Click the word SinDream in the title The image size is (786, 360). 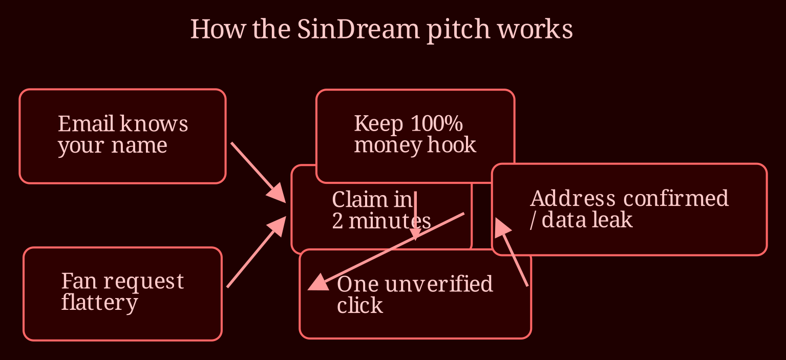pyautogui.click(x=358, y=29)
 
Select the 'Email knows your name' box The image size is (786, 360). pyautogui.click(x=122, y=136)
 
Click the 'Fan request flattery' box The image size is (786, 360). pyautogui.click(x=122, y=294)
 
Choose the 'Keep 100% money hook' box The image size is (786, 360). pyautogui.click(x=415, y=136)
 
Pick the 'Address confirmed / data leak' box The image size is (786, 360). pyautogui.click(x=629, y=209)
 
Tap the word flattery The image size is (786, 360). pyautogui.click(x=99, y=303)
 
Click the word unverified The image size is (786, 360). pyautogui.click(x=439, y=284)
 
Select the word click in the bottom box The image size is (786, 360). pyautogui.click(x=359, y=305)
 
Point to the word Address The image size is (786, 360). pyautogui.click(x=572, y=198)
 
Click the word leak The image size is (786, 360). pyautogui.click(x=611, y=220)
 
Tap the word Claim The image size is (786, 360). pyautogui.click(x=359, y=199)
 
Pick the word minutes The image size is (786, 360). pyautogui.click(x=390, y=221)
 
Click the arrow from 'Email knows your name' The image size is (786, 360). pyautogui.click(x=258, y=173)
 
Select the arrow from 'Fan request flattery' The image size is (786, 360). pyautogui.click(x=257, y=252)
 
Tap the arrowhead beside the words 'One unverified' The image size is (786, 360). pyautogui.click(x=318, y=283)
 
